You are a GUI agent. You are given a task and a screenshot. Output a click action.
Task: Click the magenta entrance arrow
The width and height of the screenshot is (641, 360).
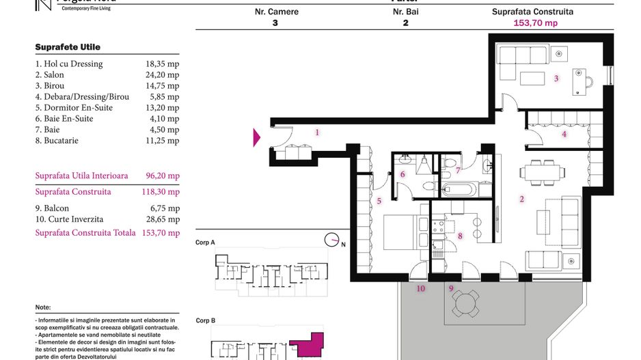point(257,137)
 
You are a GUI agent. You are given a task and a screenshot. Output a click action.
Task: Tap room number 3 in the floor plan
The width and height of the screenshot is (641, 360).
point(556,79)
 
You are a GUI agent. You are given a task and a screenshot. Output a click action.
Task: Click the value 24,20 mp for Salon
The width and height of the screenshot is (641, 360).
point(163,75)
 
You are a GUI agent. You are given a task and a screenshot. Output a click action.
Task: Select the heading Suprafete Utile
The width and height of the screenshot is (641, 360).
point(68,47)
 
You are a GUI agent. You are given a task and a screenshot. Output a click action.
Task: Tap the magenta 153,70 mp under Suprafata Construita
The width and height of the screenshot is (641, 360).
point(535,23)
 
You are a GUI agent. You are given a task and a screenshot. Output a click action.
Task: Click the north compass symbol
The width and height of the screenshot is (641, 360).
point(332,240)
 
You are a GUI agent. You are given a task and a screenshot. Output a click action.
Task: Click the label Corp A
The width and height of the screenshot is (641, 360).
point(205,243)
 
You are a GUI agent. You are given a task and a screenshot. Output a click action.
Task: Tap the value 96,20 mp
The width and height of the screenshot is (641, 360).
point(163,176)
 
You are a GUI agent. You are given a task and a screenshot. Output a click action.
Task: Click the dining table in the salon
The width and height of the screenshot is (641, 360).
point(541,171)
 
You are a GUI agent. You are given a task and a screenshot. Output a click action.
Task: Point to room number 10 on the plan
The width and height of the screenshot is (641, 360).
point(421,289)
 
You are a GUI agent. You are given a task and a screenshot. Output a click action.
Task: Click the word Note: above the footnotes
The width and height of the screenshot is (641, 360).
point(42,308)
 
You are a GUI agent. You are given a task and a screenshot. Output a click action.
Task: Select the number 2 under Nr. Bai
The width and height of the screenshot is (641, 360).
point(406,23)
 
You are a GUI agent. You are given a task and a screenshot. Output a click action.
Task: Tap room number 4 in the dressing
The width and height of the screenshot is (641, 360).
point(564,134)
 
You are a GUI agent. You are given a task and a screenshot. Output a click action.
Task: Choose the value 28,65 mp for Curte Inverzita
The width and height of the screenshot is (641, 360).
point(163,219)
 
